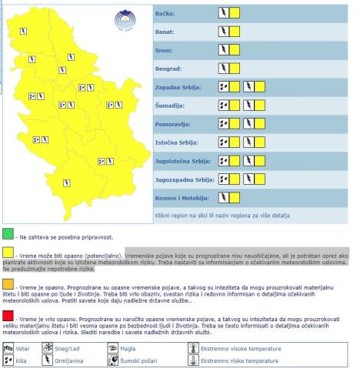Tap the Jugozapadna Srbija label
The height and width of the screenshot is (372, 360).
pyautogui.click(x=182, y=181)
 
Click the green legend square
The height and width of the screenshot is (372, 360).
pyautogui.click(x=8, y=233)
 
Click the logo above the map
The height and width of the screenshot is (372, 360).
pyautogui.click(x=122, y=19)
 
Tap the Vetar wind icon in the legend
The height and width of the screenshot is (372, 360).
pyautogui.click(x=9, y=348)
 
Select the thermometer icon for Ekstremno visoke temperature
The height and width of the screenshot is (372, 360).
pyautogui.click(x=193, y=348)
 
